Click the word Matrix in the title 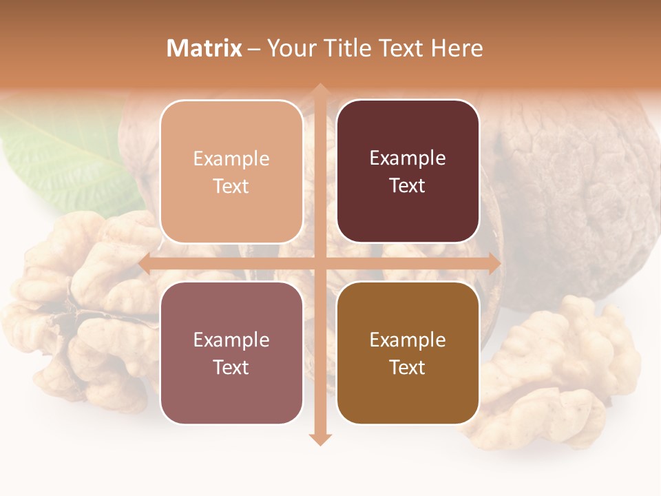point(204,48)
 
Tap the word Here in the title point(457,48)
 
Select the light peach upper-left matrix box point(231,172)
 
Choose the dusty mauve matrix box point(231,353)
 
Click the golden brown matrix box point(408,353)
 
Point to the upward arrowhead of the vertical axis point(319,90)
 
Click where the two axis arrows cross point(319,263)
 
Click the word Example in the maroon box point(408,158)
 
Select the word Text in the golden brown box point(408,367)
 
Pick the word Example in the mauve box point(231,340)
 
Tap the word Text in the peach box point(231,186)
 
